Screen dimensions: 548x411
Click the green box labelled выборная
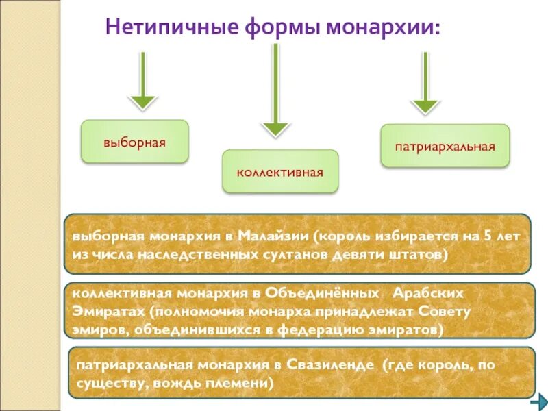tap(134, 142)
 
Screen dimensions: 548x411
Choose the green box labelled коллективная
tap(279, 171)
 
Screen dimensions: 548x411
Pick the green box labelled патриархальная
tap(445, 146)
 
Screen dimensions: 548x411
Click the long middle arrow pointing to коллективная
tap(275, 90)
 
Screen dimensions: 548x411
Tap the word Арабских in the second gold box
tap(427, 292)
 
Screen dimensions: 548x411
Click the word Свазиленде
tap(327, 364)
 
